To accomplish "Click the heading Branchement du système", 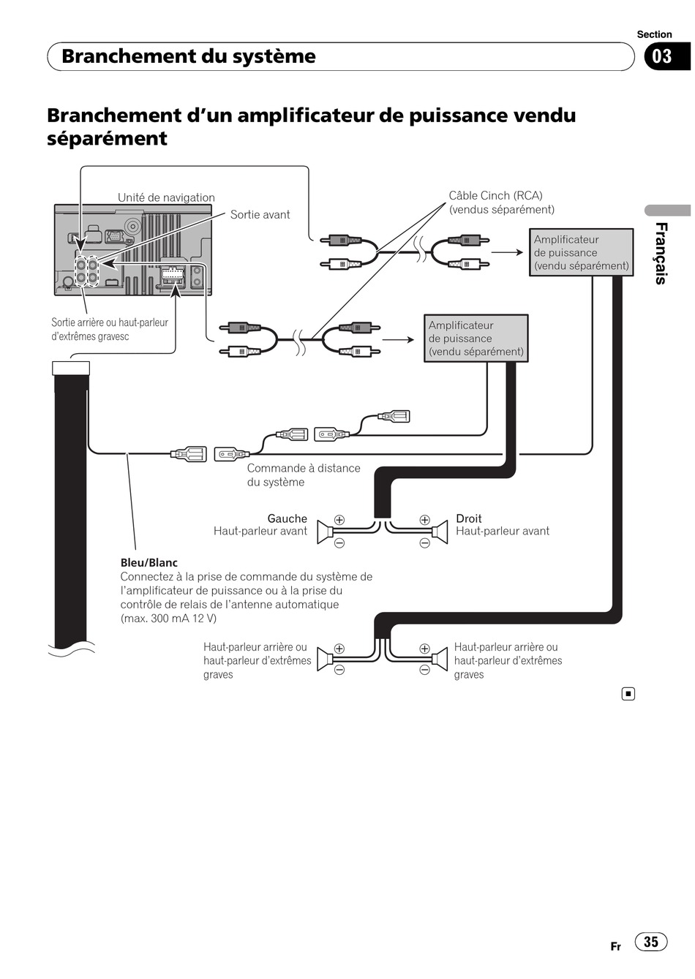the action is [189, 56].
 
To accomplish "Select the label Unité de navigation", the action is [166, 197].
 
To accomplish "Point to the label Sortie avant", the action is [260, 215].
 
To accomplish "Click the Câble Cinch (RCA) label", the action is [495, 195].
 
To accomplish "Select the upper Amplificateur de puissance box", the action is [582, 252].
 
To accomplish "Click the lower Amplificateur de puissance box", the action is [476, 338].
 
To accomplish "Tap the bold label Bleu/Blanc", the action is [149, 562].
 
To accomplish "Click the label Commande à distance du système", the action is [304, 475].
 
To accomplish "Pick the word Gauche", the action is [288, 518].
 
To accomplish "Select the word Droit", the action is [468, 518].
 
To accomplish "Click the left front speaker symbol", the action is [326, 532].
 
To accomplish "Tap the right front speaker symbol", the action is [440, 532].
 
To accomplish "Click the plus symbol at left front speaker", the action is [339, 520].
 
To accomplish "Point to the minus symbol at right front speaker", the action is [425, 543].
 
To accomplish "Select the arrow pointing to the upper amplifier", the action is [508, 252].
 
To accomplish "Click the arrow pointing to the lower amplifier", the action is [398, 339].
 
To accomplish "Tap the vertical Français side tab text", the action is [661, 254].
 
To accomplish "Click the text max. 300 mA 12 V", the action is [168, 619].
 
